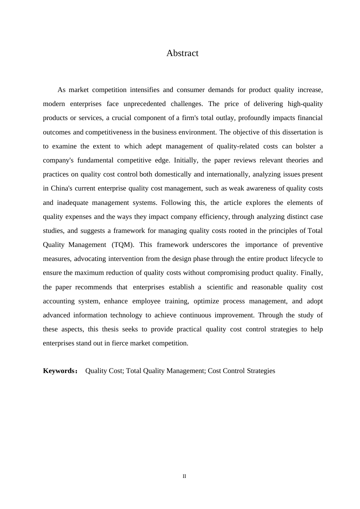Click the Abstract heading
pyautogui.click(x=182, y=53)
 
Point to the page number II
pyautogui.click(x=184, y=476)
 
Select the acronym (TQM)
pyautogui.click(x=123, y=245)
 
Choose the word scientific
pyautogui.click(x=220, y=287)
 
